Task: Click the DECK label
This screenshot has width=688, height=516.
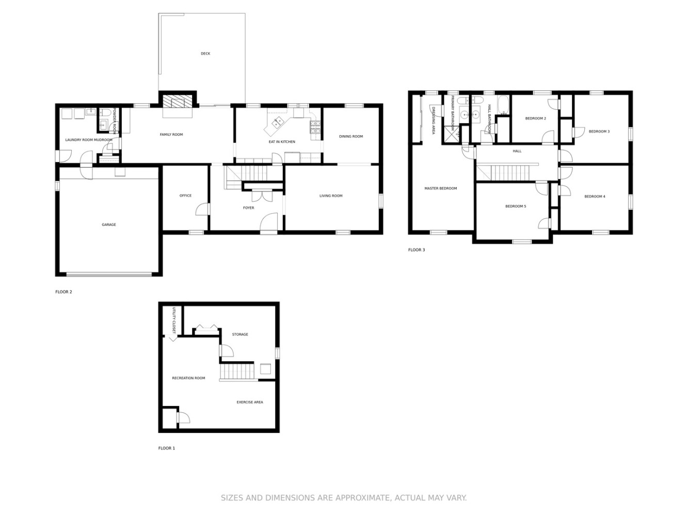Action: click(205, 54)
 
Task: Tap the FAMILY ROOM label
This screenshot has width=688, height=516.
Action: click(171, 134)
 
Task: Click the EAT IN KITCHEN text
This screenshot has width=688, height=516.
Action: click(281, 141)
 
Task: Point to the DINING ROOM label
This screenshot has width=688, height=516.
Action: click(351, 136)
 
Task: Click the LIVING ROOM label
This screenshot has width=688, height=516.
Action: click(331, 196)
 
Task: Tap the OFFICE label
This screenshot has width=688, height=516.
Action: click(185, 196)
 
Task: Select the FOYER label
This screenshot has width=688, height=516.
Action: click(249, 208)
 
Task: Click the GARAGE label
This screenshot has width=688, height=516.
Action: click(109, 224)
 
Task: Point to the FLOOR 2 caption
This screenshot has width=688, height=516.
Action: click(63, 292)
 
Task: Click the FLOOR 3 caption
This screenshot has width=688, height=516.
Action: click(416, 250)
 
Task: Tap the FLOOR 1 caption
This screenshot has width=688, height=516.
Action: click(166, 448)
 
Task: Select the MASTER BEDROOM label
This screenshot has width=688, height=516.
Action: click(440, 188)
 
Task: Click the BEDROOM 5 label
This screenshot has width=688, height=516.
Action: click(515, 206)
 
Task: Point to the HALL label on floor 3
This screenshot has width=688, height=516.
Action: click(517, 151)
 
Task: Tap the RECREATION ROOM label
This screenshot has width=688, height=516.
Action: click(188, 378)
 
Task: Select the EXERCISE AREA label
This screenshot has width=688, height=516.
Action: click(249, 402)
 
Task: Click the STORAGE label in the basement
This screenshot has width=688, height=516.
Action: click(240, 334)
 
